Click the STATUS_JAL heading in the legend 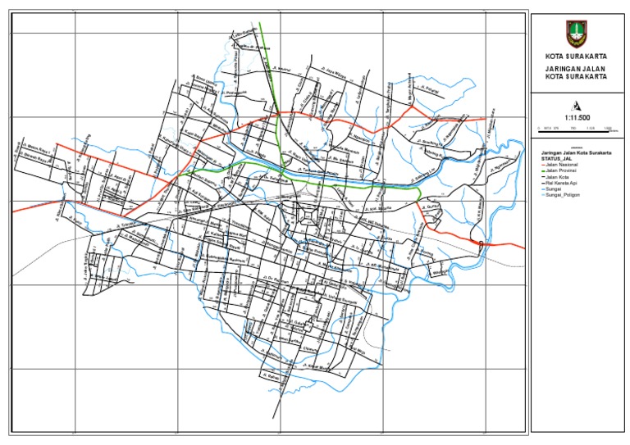(x=554, y=159)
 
